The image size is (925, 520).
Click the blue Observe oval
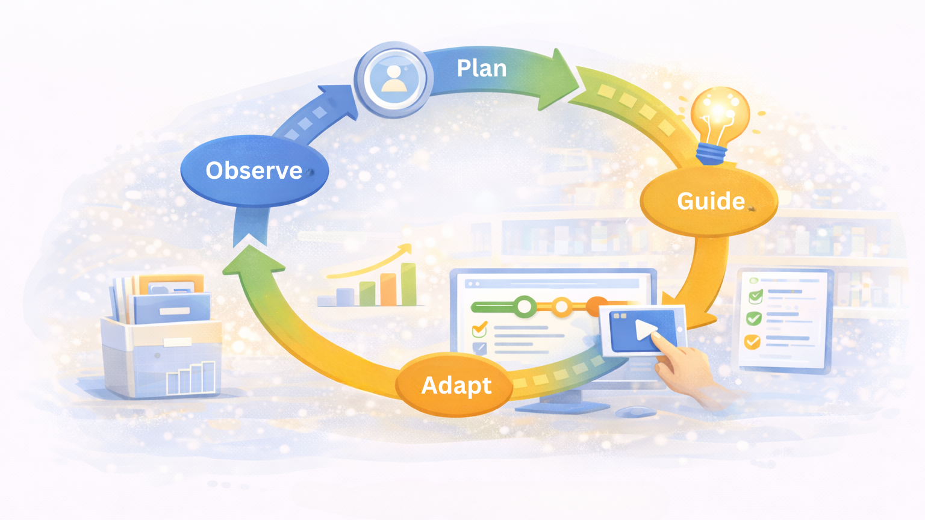coord(254,171)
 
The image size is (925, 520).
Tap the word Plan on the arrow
coord(481,69)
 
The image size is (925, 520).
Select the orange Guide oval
coord(709,201)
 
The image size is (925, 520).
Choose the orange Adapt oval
coord(455,385)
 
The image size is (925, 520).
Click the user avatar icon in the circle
coord(394,79)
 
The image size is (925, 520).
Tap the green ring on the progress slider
coord(525,307)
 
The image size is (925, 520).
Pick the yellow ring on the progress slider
coord(561,307)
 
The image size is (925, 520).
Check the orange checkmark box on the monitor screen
coord(480,329)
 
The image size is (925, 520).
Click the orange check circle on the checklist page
coord(752,342)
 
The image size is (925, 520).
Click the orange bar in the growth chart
coord(388,289)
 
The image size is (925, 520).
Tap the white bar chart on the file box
coord(190,377)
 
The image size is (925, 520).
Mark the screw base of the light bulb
coord(711,154)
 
